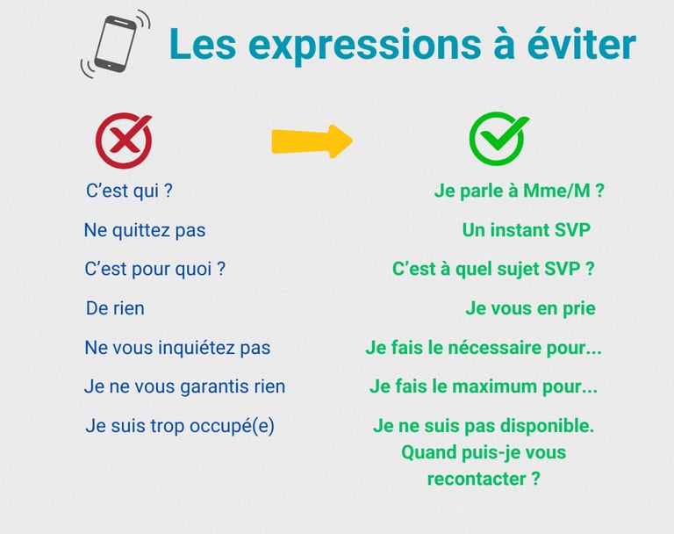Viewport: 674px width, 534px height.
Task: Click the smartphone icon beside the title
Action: point(115,45)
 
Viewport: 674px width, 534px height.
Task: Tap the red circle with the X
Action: point(124,141)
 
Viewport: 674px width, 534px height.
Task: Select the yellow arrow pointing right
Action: point(312,141)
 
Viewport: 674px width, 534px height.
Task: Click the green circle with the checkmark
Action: point(498,140)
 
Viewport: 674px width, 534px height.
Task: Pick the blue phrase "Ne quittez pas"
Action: point(145,230)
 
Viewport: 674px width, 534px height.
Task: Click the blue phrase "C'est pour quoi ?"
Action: point(154,269)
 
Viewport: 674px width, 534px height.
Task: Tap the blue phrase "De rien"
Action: point(115,308)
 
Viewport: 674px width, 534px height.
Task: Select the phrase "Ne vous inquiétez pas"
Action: point(177,348)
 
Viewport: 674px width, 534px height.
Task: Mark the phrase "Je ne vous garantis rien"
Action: point(184,386)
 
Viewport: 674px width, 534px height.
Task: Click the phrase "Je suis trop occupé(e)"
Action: point(180,426)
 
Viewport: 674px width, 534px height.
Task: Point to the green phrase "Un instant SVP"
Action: point(527,230)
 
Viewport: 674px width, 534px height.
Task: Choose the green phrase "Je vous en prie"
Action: point(530,308)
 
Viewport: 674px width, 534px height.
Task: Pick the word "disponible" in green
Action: point(544,426)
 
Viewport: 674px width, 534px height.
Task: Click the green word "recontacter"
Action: point(472,480)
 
